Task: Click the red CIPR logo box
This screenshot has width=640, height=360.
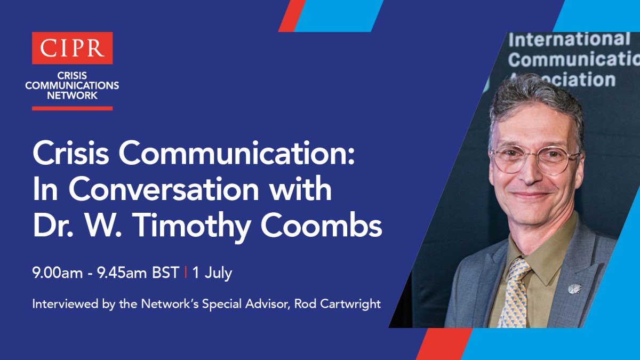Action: click(73, 48)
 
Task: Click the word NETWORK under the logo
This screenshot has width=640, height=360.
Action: click(73, 95)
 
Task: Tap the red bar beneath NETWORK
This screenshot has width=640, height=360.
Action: click(73, 108)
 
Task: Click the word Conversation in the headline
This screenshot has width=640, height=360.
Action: click(163, 189)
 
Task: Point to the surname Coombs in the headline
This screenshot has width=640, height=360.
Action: click(321, 225)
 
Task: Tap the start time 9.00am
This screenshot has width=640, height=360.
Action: click(58, 273)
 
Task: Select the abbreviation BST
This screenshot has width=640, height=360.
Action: click(166, 273)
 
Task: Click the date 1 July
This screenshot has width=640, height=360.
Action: click(212, 273)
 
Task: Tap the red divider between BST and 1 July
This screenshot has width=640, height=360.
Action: click(186, 273)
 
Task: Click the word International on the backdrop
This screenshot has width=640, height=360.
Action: click(569, 39)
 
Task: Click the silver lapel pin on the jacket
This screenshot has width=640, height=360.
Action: click(575, 289)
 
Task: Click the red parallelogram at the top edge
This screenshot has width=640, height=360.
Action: click(292, 15)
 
